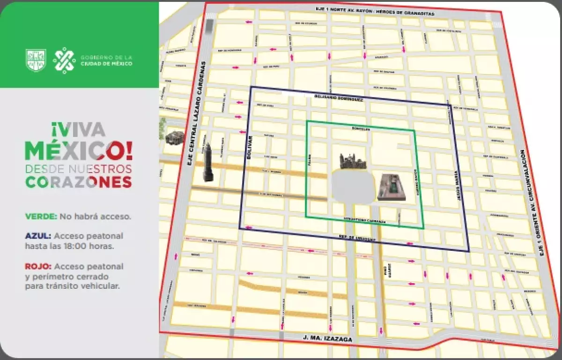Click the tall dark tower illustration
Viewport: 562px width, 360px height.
point(208,163)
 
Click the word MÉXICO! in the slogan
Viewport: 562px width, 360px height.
point(79,150)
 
